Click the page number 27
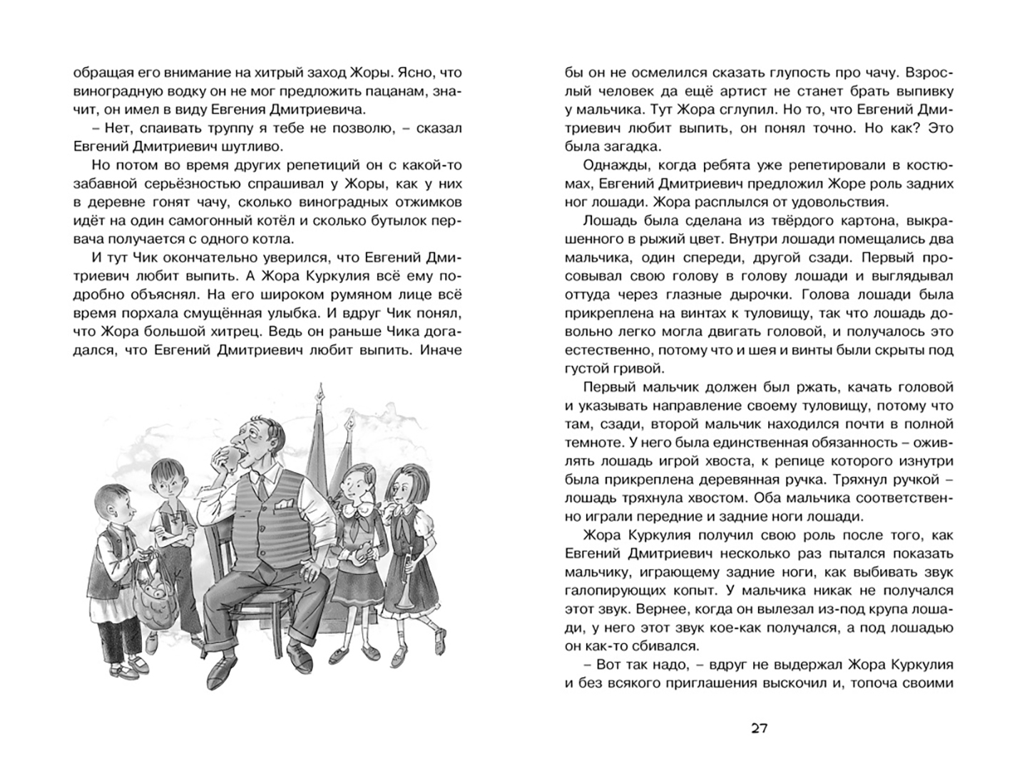759,728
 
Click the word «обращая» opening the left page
100,73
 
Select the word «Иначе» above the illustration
441,350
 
